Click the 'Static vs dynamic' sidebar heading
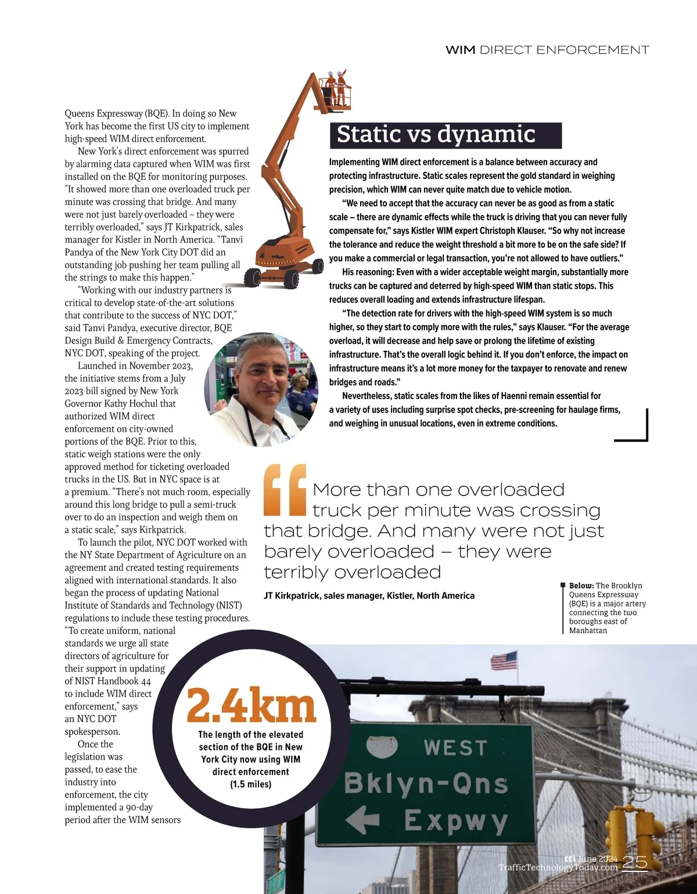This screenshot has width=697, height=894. (436, 134)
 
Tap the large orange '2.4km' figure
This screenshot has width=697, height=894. (251, 705)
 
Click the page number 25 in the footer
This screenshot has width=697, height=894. (634, 863)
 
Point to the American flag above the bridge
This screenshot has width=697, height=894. (504, 660)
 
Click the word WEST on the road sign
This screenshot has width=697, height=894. (455, 748)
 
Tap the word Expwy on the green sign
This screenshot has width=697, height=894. (456, 821)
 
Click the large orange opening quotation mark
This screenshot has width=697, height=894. (285, 490)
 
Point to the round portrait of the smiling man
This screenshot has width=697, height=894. (261, 389)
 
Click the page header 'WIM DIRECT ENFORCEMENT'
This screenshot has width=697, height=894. (547, 50)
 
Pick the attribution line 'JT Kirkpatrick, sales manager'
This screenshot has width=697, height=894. (369, 595)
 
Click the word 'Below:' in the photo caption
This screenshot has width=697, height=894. (581, 586)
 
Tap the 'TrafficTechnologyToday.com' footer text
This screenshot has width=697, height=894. (558, 868)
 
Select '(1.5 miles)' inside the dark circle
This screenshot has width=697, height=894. (250, 784)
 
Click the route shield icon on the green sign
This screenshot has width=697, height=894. (382, 747)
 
